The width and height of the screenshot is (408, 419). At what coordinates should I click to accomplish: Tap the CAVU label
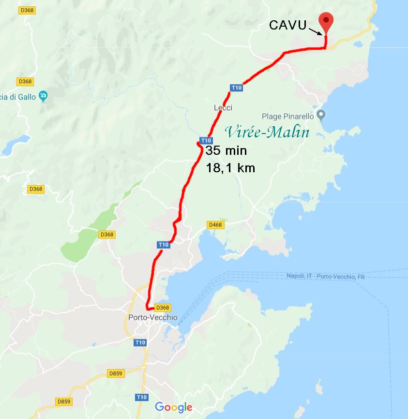click(288, 25)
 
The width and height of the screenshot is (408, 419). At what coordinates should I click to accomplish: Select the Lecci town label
click(223, 108)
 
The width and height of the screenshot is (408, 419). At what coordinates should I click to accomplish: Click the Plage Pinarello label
click(287, 116)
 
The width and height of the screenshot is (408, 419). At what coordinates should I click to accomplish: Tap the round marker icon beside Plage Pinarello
click(321, 115)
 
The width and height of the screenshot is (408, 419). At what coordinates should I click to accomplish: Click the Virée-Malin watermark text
click(267, 132)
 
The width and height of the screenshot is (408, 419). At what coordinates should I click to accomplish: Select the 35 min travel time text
click(226, 150)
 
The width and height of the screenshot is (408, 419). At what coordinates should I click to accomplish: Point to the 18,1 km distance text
click(230, 168)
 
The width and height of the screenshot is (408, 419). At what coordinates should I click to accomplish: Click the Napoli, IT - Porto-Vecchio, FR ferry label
click(325, 276)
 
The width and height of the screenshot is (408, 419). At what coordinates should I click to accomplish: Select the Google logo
click(173, 407)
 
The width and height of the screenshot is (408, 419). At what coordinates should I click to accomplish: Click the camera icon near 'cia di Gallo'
click(44, 96)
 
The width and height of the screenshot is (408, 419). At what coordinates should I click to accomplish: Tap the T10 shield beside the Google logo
click(141, 397)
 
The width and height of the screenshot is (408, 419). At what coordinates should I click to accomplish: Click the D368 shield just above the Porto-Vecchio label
click(164, 308)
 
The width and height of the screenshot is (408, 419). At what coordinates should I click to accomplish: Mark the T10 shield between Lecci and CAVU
click(236, 88)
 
